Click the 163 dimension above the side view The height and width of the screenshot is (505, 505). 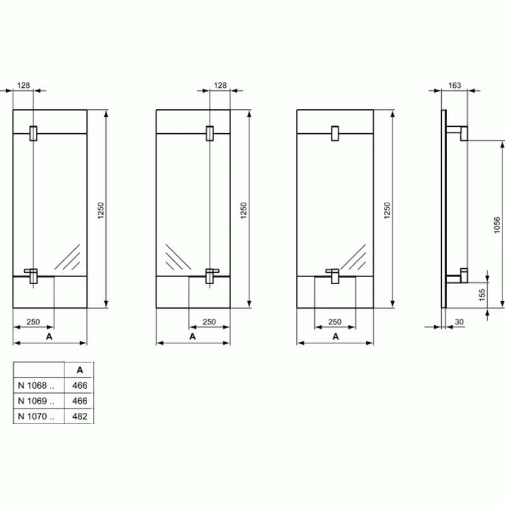tap(454, 85)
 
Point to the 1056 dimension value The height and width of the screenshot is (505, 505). tap(497, 225)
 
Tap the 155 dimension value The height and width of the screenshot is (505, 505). tap(482, 295)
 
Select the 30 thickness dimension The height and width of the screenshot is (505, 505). tap(459, 322)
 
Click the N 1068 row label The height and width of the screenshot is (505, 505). tap(36, 386)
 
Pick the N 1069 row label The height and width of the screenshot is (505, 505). tap(36, 401)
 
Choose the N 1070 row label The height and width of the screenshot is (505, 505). tap(36, 417)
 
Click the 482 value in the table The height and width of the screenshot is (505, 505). tap(80, 417)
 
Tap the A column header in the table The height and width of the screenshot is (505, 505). tap(80, 370)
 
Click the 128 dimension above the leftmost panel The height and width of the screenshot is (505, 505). tap(23, 85)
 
